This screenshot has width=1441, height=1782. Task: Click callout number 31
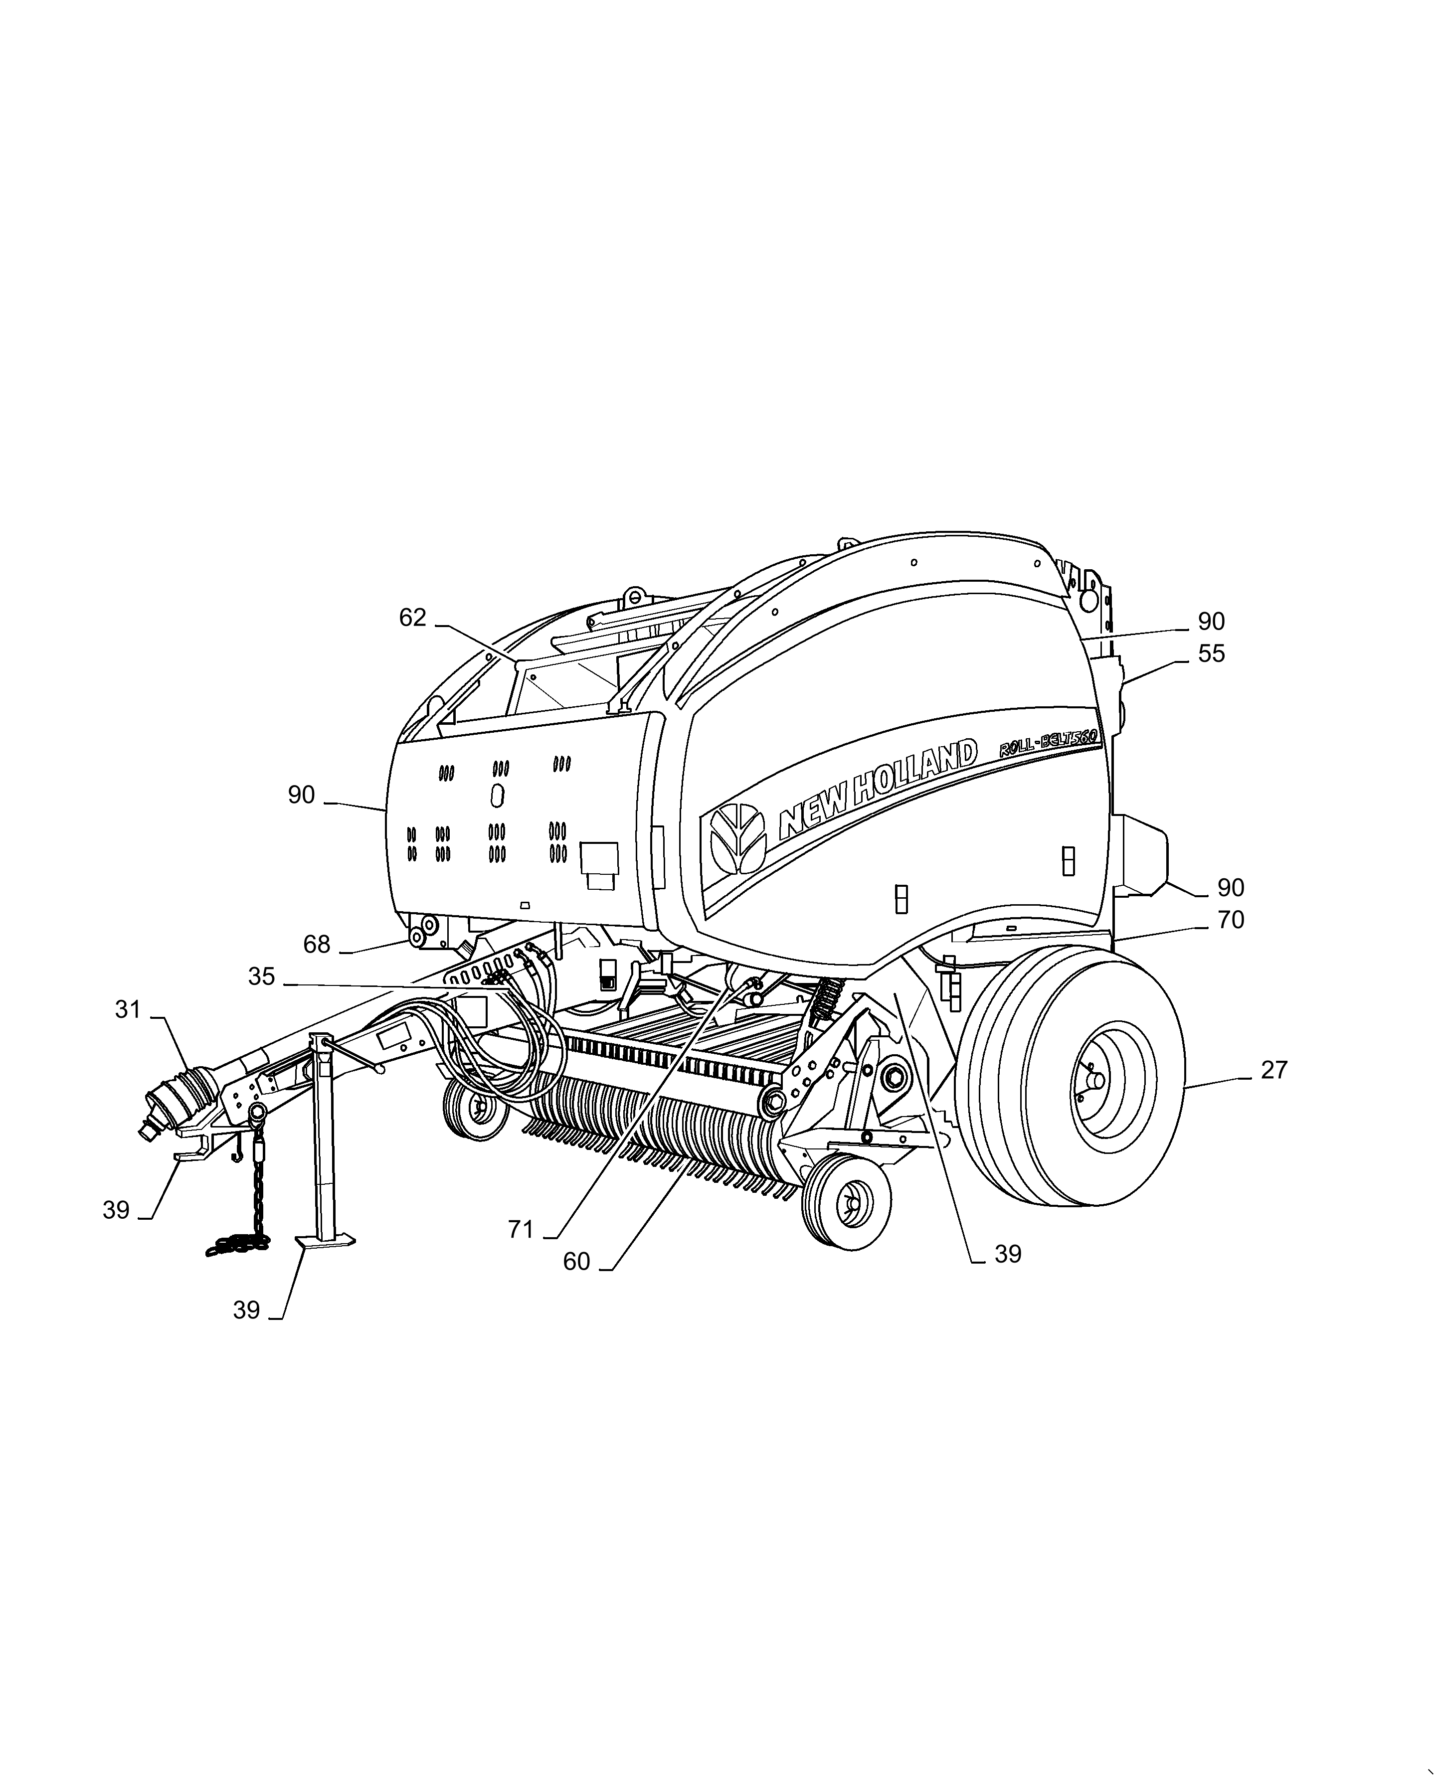pos(128,1010)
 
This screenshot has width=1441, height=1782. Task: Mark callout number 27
pos(1273,1070)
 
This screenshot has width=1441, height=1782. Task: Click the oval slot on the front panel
pos(497,797)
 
